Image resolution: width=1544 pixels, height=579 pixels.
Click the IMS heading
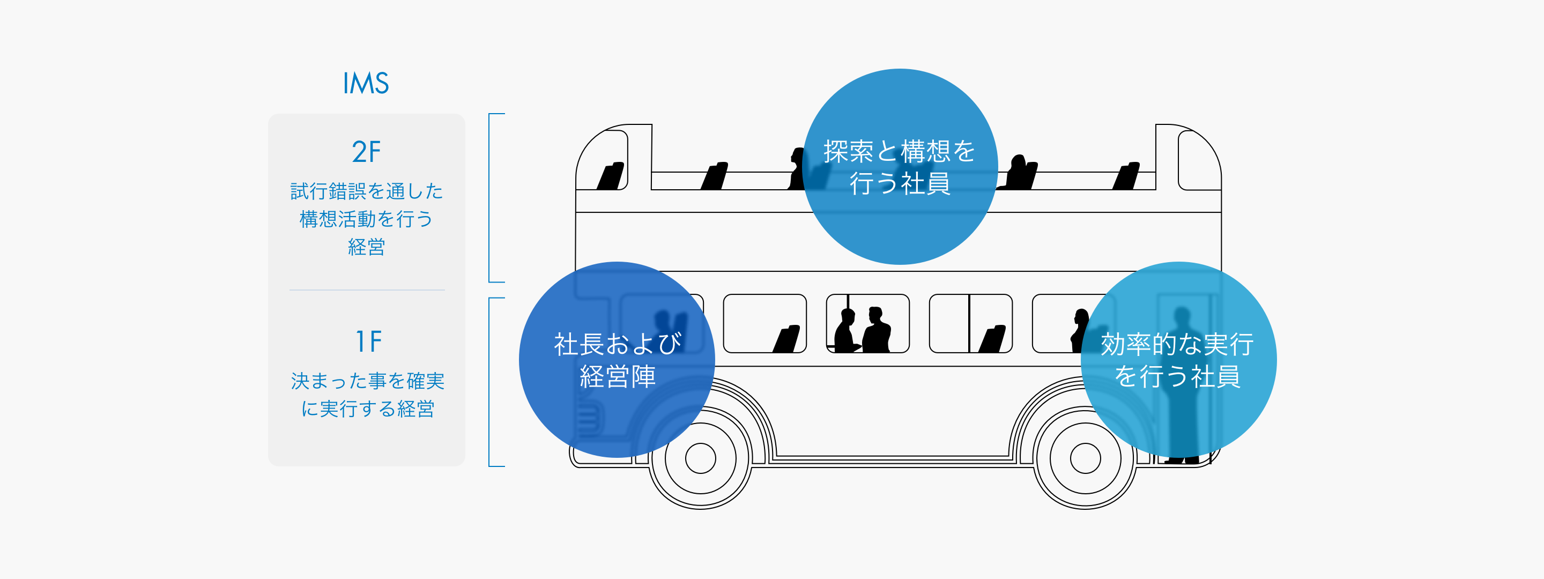click(366, 83)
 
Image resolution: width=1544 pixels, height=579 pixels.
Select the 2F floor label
click(366, 152)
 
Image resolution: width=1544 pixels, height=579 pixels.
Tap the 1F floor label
click(368, 342)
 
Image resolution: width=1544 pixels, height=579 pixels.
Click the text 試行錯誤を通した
click(367, 191)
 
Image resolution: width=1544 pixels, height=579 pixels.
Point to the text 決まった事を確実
click(367, 381)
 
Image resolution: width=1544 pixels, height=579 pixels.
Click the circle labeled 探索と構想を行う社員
click(900, 167)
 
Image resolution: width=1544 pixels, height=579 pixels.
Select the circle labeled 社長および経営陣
click(617, 360)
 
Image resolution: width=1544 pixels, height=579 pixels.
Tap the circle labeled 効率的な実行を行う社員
click(1178, 360)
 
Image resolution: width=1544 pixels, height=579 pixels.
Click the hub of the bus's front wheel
click(700, 458)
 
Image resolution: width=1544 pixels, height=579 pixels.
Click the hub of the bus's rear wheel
click(1085, 458)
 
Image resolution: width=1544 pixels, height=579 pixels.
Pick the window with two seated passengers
click(867, 324)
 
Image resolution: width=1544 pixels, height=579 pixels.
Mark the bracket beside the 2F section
click(491, 198)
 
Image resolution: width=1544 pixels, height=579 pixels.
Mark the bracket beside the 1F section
click(491, 382)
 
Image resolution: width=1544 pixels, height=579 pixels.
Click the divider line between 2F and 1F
click(367, 290)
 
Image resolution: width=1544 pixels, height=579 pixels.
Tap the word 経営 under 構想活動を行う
click(366, 247)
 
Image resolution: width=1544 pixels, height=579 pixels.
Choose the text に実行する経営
click(367, 408)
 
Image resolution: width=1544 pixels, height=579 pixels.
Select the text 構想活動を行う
click(366, 219)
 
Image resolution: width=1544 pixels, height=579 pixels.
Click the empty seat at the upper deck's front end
click(611, 176)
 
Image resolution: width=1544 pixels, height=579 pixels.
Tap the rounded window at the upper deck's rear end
click(1199, 160)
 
